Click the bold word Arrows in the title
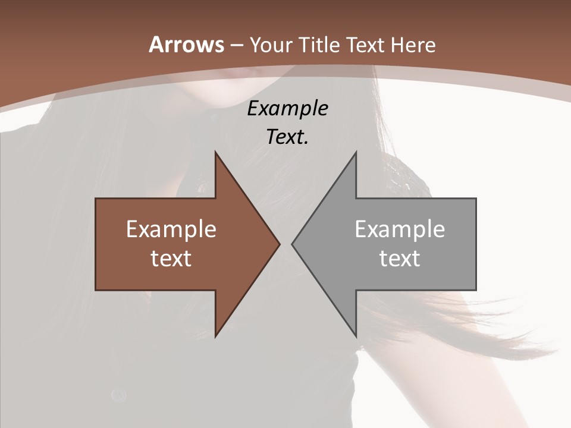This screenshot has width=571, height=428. pos(186,45)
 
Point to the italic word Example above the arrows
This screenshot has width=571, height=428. pos(287,108)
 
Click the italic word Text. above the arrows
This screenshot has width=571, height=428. pos(287,137)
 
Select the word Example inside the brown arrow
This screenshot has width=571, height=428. pos(171,229)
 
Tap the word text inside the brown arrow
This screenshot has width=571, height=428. pos(171,258)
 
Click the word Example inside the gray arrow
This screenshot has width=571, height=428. pos(400,229)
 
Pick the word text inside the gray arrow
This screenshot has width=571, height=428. pos(400,258)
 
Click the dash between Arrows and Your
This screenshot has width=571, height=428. pos(236,45)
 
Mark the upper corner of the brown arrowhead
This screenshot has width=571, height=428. pos(216,153)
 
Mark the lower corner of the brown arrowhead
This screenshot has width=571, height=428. pos(216,336)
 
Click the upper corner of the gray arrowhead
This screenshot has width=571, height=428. pos(356,153)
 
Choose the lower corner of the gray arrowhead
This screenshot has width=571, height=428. pos(356,336)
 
